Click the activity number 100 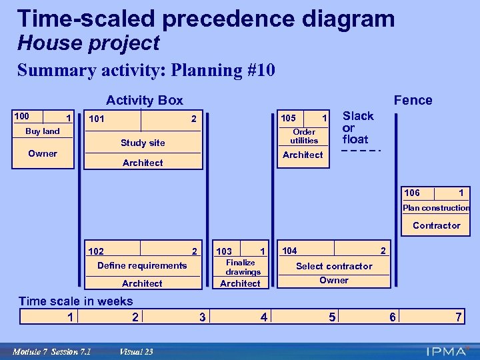pyautogui.click(x=22, y=117)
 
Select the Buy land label pyautogui.click(x=43, y=131)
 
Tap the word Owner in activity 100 pyautogui.click(x=43, y=153)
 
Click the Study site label pyautogui.click(x=143, y=143)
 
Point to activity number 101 pyautogui.click(x=97, y=119)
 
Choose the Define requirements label pyautogui.click(x=142, y=265)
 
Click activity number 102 pyautogui.click(x=96, y=251)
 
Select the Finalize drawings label pyautogui.click(x=241, y=267)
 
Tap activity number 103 pyautogui.click(x=224, y=251)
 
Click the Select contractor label pyautogui.click(x=334, y=266)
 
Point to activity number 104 pyautogui.click(x=290, y=251)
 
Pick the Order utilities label pyautogui.click(x=304, y=136)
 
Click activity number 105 pyautogui.click(x=289, y=118)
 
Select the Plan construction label pyautogui.click(x=436, y=208)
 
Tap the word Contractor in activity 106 pyautogui.click(x=436, y=225)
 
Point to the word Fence pyautogui.click(x=413, y=100)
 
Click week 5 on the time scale pyautogui.click(x=332, y=317)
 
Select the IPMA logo pyautogui.click(x=448, y=351)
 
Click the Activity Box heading pyautogui.click(x=145, y=100)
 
